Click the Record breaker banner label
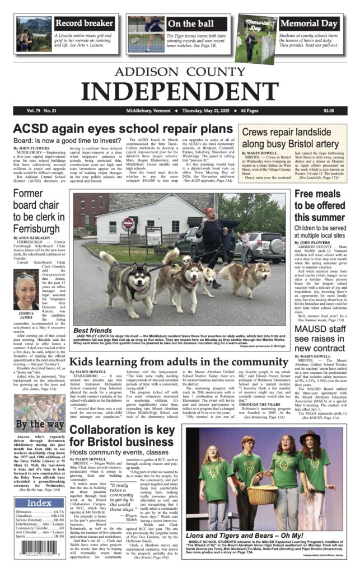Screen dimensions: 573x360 click(x=84, y=23)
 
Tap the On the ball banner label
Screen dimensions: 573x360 click(x=190, y=24)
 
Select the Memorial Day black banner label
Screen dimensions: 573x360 click(x=308, y=24)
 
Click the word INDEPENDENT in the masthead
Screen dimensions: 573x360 click(x=179, y=90)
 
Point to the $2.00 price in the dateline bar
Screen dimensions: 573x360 click(x=328, y=111)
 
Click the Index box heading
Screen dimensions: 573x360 click(x=39, y=503)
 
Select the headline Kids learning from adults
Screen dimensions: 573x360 click(x=179, y=362)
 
